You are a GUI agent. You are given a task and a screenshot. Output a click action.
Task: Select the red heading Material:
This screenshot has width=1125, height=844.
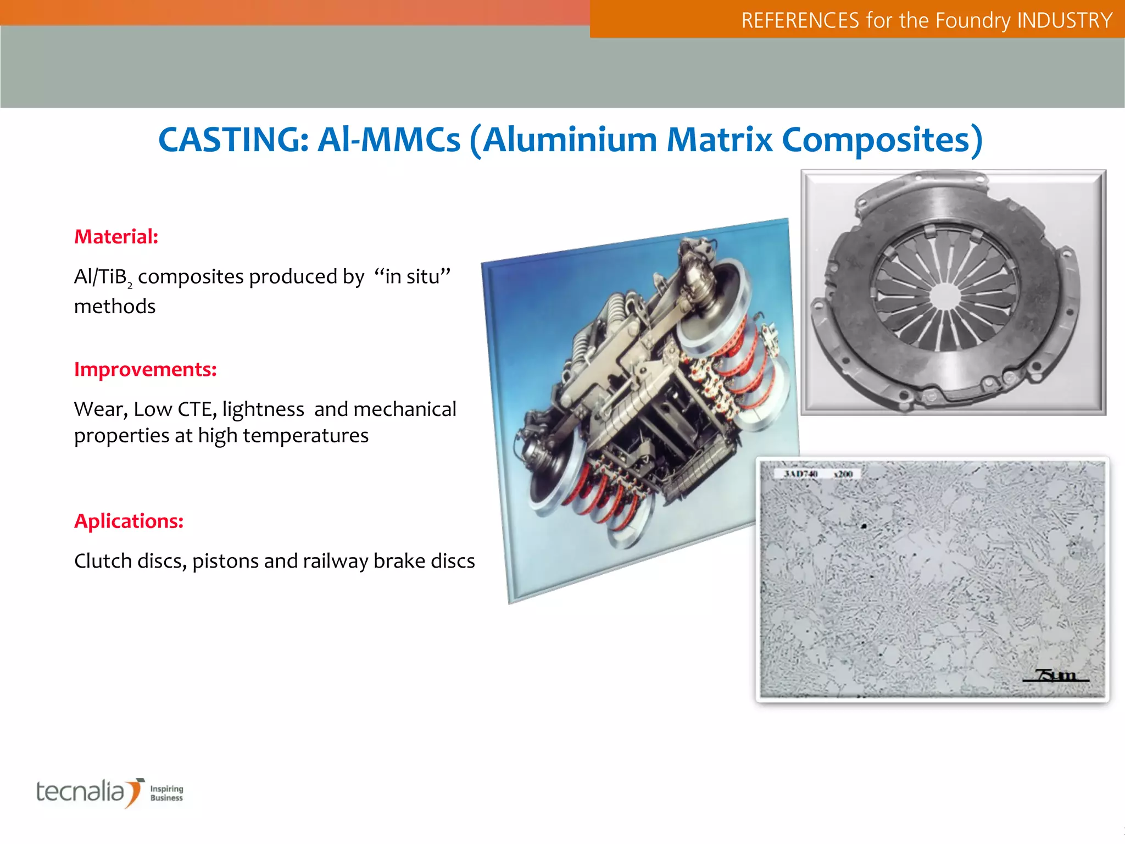pos(116,237)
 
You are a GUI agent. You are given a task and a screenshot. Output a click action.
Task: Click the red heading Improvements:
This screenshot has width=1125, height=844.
pos(146,369)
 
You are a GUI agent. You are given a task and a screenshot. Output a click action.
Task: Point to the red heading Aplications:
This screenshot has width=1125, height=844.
pos(129,521)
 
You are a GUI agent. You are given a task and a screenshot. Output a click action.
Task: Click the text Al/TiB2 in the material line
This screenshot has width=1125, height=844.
pos(103,277)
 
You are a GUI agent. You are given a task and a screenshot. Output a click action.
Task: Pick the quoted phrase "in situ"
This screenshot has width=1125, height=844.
pos(413,276)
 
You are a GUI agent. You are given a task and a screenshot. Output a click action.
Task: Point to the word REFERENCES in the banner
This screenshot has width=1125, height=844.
pos(800,21)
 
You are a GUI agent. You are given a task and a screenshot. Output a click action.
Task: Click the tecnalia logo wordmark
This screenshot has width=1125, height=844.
pos(81,792)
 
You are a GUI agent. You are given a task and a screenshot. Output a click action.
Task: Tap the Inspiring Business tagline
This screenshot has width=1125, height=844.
pos(166,793)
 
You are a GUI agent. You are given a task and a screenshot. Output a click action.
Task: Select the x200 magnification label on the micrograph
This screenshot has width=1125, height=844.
pos(843,474)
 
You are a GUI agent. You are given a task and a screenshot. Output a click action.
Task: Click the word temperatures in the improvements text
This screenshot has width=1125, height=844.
pos(305,436)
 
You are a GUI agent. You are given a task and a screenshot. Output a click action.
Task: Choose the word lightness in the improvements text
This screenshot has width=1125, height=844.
pos(263,409)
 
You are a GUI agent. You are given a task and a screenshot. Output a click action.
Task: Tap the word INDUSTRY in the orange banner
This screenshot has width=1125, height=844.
pos(1065,21)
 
